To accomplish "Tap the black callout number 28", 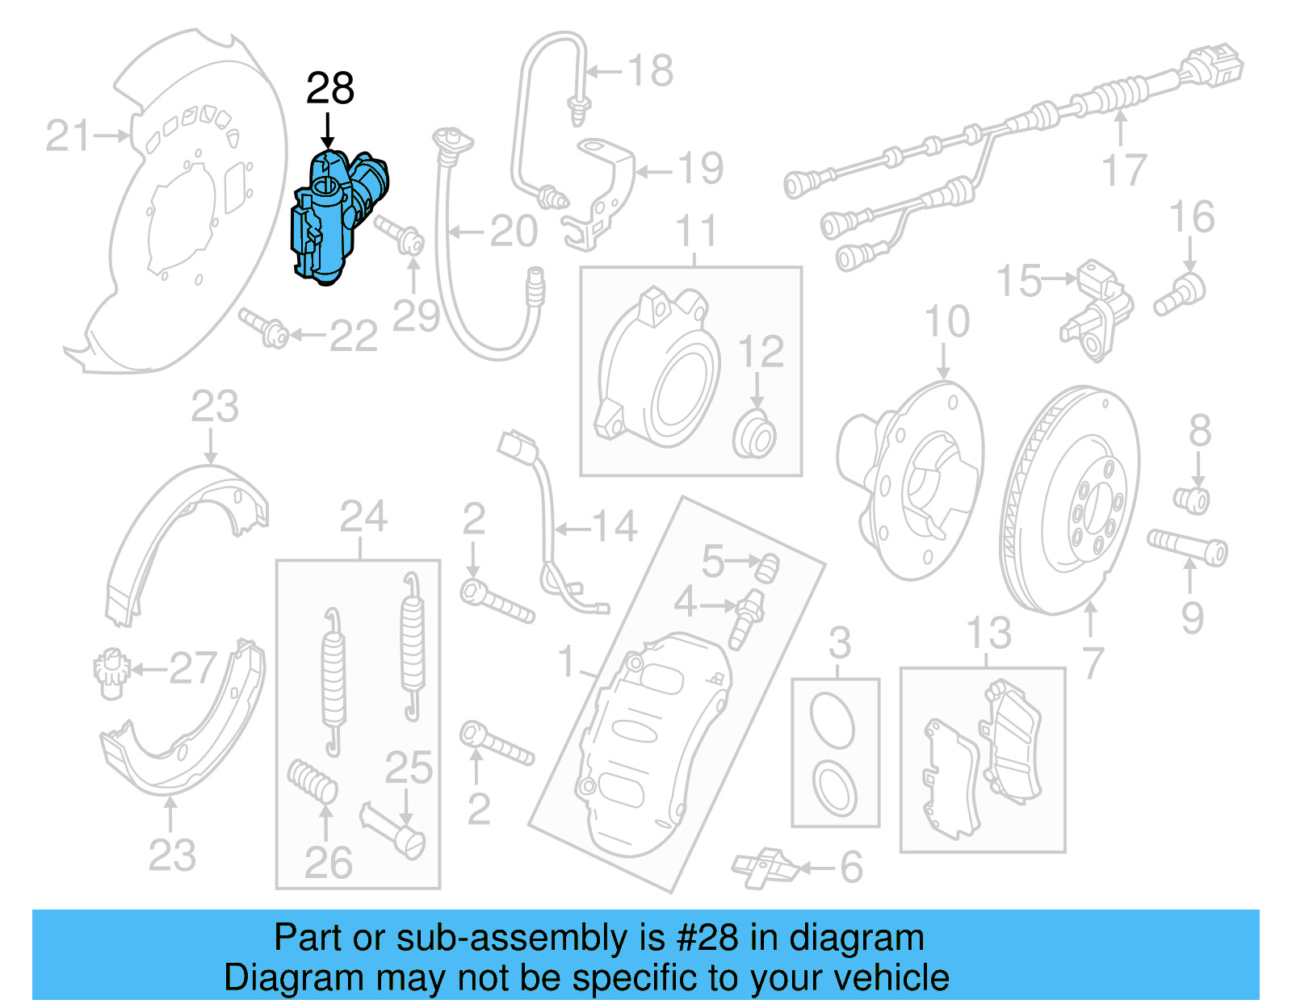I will pos(329,88).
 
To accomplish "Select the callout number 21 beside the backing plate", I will pos(69,136).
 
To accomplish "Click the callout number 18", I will pos(651,71).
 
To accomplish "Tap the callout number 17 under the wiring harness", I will pos(1124,169).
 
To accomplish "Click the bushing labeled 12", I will pos(756,435).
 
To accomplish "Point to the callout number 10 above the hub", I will pos(946,321).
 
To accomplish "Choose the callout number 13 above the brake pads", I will pos(988,634).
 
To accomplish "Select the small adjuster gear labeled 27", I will pos(108,671).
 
